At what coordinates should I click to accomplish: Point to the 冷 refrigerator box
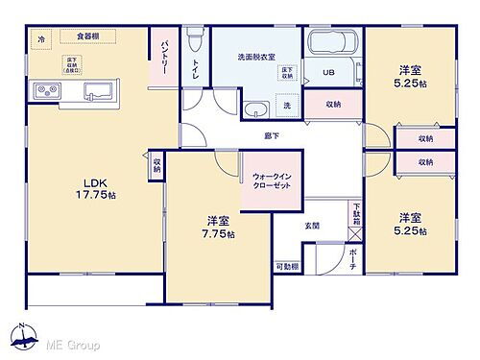(41, 38)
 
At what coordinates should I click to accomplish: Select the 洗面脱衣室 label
(254, 57)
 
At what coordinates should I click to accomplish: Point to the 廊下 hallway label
(272, 136)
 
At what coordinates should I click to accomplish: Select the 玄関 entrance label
(313, 226)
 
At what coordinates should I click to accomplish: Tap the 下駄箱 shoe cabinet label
(354, 213)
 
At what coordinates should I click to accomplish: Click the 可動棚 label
(286, 267)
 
